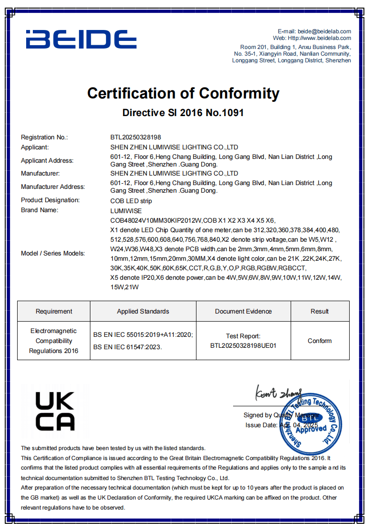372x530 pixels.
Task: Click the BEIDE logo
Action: [81, 39]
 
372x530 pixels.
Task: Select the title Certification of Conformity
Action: [183, 93]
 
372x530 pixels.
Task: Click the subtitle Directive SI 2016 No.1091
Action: [183, 113]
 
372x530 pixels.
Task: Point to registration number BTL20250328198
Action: [136, 137]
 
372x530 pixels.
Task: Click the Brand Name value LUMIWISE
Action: [126, 210]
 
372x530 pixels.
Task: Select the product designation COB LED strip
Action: [131, 201]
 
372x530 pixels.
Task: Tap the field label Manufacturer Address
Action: [53, 186]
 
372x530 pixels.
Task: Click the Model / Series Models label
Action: [53, 253]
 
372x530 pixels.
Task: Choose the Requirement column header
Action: [54, 312]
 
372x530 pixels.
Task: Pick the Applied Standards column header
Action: [143, 312]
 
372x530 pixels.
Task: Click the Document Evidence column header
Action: [243, 312]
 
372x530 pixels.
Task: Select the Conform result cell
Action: [320, 341]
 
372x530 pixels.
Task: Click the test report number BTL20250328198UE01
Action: [243, 346]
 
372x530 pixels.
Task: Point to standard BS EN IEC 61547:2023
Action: [127, 347]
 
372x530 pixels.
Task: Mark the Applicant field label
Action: [35, 147]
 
